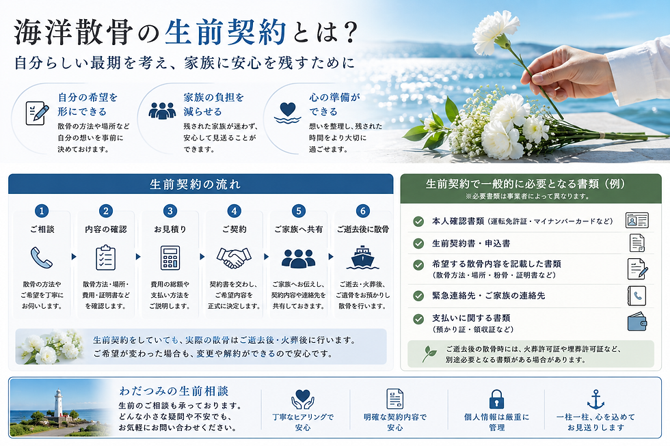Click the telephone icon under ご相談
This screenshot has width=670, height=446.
pyautogui.click(x=42, y=257)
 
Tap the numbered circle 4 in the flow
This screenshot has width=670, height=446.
pyautogui.click(x=234, y=211)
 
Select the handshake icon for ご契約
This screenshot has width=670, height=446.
pyautogui.click(x=234, y=257)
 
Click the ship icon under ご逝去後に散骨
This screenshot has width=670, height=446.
pyautogui.click(x=363, y=257)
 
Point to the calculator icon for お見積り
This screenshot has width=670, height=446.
pyautogui.click(x=170, y=257)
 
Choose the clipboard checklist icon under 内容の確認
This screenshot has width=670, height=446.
pyautogui.click(x=105, y=257)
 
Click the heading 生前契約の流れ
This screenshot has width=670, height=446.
pyautogui.click(x=196, y=184)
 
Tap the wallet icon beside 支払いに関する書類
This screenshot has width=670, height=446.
pyautogui.click(x=637, y=322)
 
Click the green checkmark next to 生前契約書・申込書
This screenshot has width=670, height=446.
pyautogui.click(x=418, y=243)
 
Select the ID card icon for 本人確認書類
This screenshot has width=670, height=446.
pyautogui.click(x=636, y=220)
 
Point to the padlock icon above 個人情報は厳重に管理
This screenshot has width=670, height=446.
pyautogui.click(x=496, y=400)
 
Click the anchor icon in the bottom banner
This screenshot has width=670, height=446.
pyautogui.click(x=595, y=400)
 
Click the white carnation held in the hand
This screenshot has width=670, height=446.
pyautogui.click(x=495, y=31)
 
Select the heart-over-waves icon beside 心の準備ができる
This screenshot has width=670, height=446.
pyautogui.click(x=287, y=112)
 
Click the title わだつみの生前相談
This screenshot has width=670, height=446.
pyautogui.click(x=174, y=391)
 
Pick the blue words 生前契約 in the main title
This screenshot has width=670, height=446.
pyautogui.click(x=225, y=32)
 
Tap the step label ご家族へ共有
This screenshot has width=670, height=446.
pyautogui.click(x=298, y=229)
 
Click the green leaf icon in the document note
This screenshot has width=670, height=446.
pyautogui.click(x=429, y=354)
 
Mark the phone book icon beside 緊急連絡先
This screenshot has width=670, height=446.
pyautogui.click(x=636, y=296)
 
